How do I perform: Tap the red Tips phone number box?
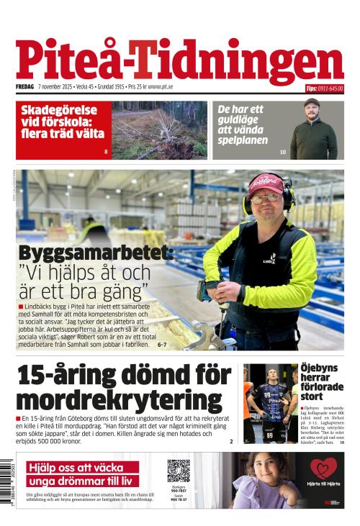pyautogui.click(x=324, y=89)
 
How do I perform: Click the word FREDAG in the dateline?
pyautogui.click(x=25, y=87)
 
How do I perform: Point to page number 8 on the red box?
pyautogui.click(x=106, y=152)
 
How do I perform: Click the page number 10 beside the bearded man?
pyautogui.click(x=283, y=152)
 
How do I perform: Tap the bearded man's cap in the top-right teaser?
pyautogui.click(x=312, y=104)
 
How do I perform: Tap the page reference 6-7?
pyautogui.click(x=162, y=345)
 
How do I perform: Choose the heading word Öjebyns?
pyautogui.click(x=319, y=368)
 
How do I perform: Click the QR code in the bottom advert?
pyautogui.click(x=179, y=471)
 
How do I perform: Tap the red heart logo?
pyautogui.click(x=323, y=468)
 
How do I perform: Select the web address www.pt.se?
pyautogui.click(x=163, y=87)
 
